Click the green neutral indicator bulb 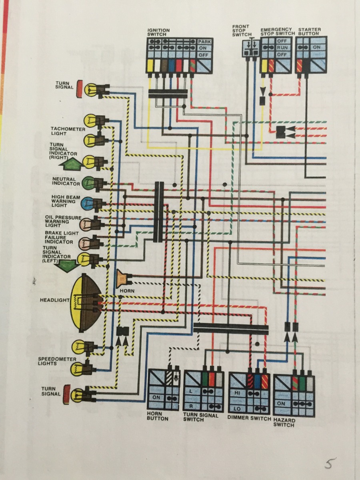88,183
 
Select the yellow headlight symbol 82,302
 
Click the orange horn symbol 122,277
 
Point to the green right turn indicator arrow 70,164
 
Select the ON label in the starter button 317,47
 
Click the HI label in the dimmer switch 237,393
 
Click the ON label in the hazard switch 282,404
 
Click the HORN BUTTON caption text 158,416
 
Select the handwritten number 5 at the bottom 329,464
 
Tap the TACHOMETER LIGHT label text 68,131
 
